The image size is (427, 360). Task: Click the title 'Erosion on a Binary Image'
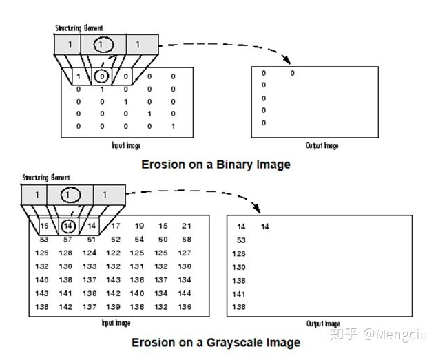[x=216, y=165]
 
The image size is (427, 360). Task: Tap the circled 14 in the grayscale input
[x=68, y=226]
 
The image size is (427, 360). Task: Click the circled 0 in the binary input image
[x=101, y=76]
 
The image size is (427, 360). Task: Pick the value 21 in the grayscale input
[x=187, y=226]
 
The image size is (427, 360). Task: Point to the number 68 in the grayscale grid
[x=187, y=240]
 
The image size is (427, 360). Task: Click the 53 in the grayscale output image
[x=241, y=240]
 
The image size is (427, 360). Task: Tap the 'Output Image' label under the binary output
[x=322, y=146]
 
